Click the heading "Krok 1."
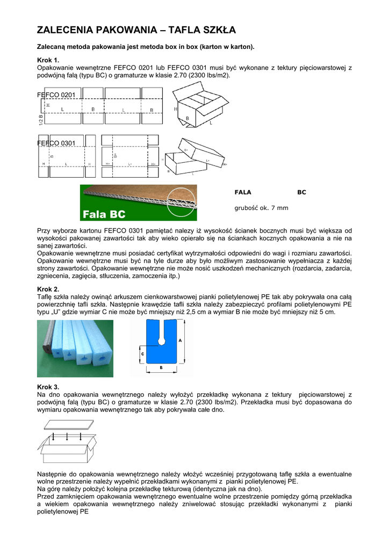[48, 60]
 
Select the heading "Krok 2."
[48, 289]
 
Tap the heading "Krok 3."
[48, 387]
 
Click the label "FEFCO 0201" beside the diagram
[56, 95]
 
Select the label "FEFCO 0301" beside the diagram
[56, 143]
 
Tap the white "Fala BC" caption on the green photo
[104, 214]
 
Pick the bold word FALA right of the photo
[243, 192]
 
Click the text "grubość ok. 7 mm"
[261, 208]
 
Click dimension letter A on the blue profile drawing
[181, 340]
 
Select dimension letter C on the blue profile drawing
[142, 354]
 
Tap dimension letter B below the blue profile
[161, 367]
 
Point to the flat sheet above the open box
[69, 424]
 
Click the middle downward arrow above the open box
[67, 437]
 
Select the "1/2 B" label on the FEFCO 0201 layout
[41, 120]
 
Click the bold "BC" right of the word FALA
[301, 192]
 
